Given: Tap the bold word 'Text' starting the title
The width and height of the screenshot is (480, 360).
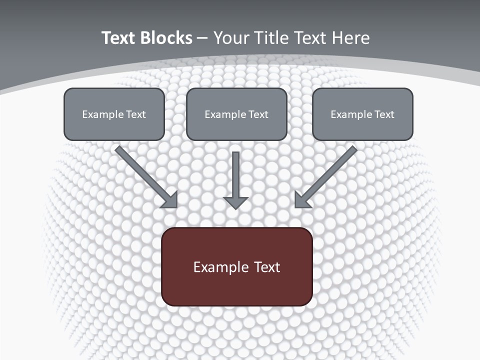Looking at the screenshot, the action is pos(118,38).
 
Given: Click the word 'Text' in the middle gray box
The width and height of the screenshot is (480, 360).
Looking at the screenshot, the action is pos(258,114).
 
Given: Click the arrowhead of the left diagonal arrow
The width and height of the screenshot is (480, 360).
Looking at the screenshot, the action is pos(170,200).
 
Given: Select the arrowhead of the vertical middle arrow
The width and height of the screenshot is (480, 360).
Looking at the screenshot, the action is pos(235,202).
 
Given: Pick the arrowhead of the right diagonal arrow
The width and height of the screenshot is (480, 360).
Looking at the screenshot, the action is pos(301,200).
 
